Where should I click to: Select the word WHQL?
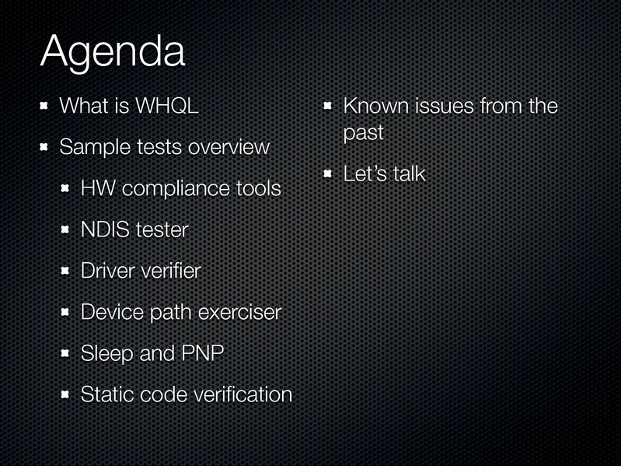pyautogui.click(x=167, y=106)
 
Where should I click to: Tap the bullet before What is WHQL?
pyautogui.click(x=44, y=106)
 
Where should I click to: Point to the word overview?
pyautogui.click(x=229, y=147)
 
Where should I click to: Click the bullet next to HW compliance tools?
pyautogui.click(x=65, y=188)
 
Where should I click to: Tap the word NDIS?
pyautogui.click(x=105, y=229)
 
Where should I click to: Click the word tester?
pyautogui.click(x=162, y=229)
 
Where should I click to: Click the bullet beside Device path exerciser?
pyautogui.click(x=65, y=312)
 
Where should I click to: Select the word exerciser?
pyautogui.click(x=239, y=312)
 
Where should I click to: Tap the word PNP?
pyautogui.click(x=202, y=353)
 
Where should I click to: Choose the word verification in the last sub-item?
pyautogui.click(x=242, y=394)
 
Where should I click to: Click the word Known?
pyautogui.click(x=375, y=106)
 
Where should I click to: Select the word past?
pyautogui.click(x=364, y=133)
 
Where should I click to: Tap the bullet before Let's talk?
pyautogui.click(x=327, y=173)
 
